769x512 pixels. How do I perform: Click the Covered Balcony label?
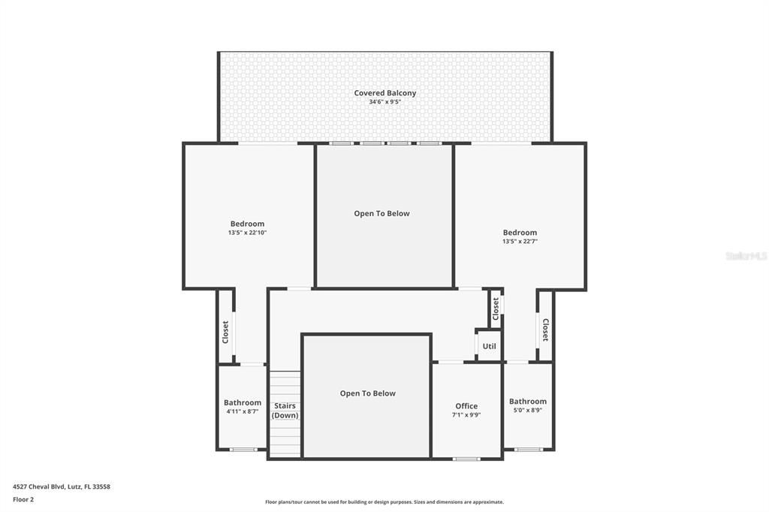coord(384,93)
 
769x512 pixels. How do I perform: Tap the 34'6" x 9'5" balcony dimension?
coord(384,102)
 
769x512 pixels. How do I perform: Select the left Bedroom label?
coord(247,224)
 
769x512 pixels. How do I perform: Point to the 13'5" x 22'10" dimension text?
coord(247,233)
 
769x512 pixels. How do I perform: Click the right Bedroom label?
coord(520,233)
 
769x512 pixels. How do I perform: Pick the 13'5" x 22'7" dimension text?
coord(520,242)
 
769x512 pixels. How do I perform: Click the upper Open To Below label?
coord(381,213)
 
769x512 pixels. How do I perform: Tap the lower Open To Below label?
coord(367,393)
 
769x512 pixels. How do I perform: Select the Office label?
coord(466,406)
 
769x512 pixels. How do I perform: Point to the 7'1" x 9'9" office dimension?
coord(466,415)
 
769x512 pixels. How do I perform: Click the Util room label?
coord(489,347)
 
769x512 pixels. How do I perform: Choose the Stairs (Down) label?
coord(285,411)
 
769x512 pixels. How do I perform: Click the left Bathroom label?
coord(243,402)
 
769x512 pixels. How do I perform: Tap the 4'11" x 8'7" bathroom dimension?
coord(243,411)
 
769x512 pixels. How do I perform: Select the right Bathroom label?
coord(528,402)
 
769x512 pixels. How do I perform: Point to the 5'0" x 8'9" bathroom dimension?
coord(528,411)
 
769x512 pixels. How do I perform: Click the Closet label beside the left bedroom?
coord(225,333)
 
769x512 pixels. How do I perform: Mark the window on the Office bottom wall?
coord(466,458)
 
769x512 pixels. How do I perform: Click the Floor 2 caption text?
coord(23,499)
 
